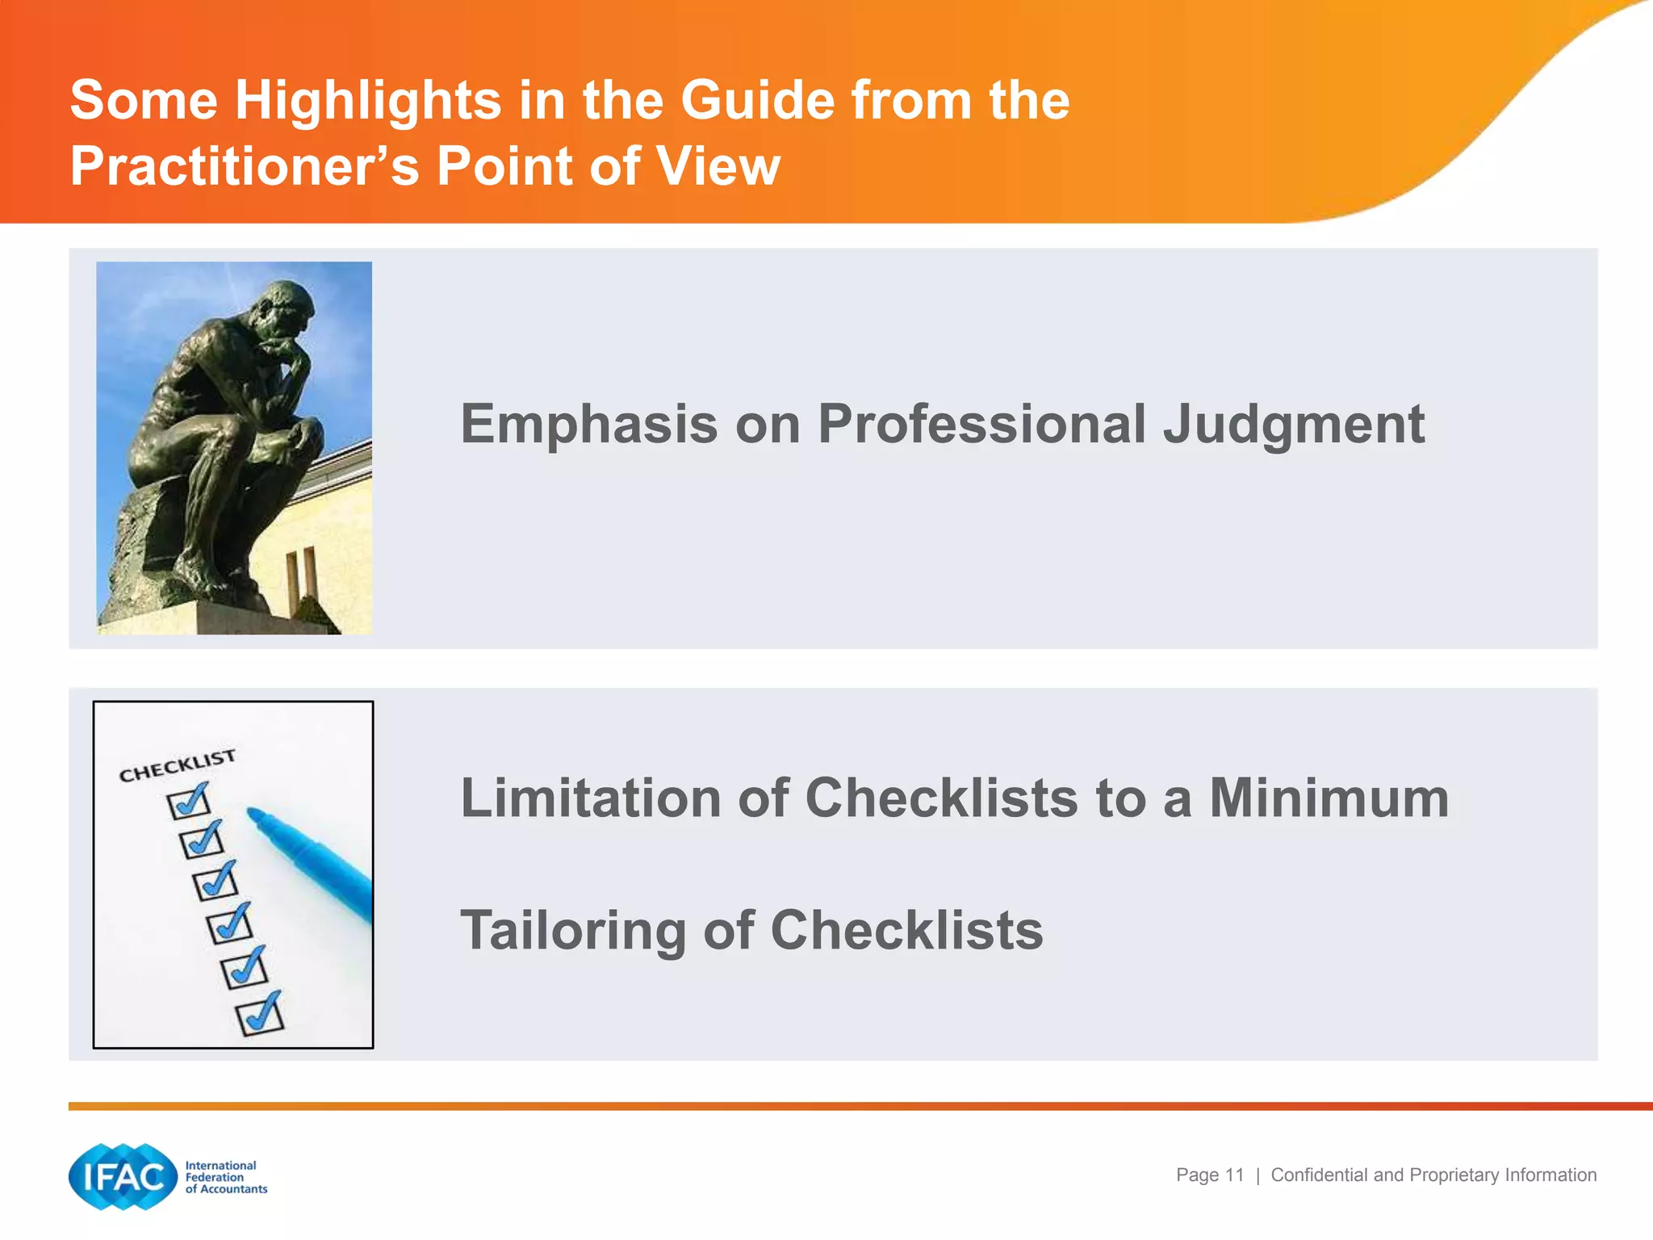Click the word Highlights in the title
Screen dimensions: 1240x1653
tap(368, 101)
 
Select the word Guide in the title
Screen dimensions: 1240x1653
tap(758, 101)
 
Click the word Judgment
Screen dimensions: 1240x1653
tap(1293, 425)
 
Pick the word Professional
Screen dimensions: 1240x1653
tap(981, 424)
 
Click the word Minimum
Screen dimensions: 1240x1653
tap(1329, 798)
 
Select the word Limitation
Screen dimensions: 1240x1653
tap(590, 798)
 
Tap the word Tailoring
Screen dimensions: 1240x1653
tap(572, 931)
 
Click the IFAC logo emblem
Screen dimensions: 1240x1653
tap(123, 1177)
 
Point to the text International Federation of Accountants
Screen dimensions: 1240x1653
tap(225, 1177)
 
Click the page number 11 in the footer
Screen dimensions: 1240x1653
tap(1234, 1175)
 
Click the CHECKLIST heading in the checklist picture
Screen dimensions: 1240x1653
tap(177, 765)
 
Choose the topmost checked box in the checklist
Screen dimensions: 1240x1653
tap(188, 802)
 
